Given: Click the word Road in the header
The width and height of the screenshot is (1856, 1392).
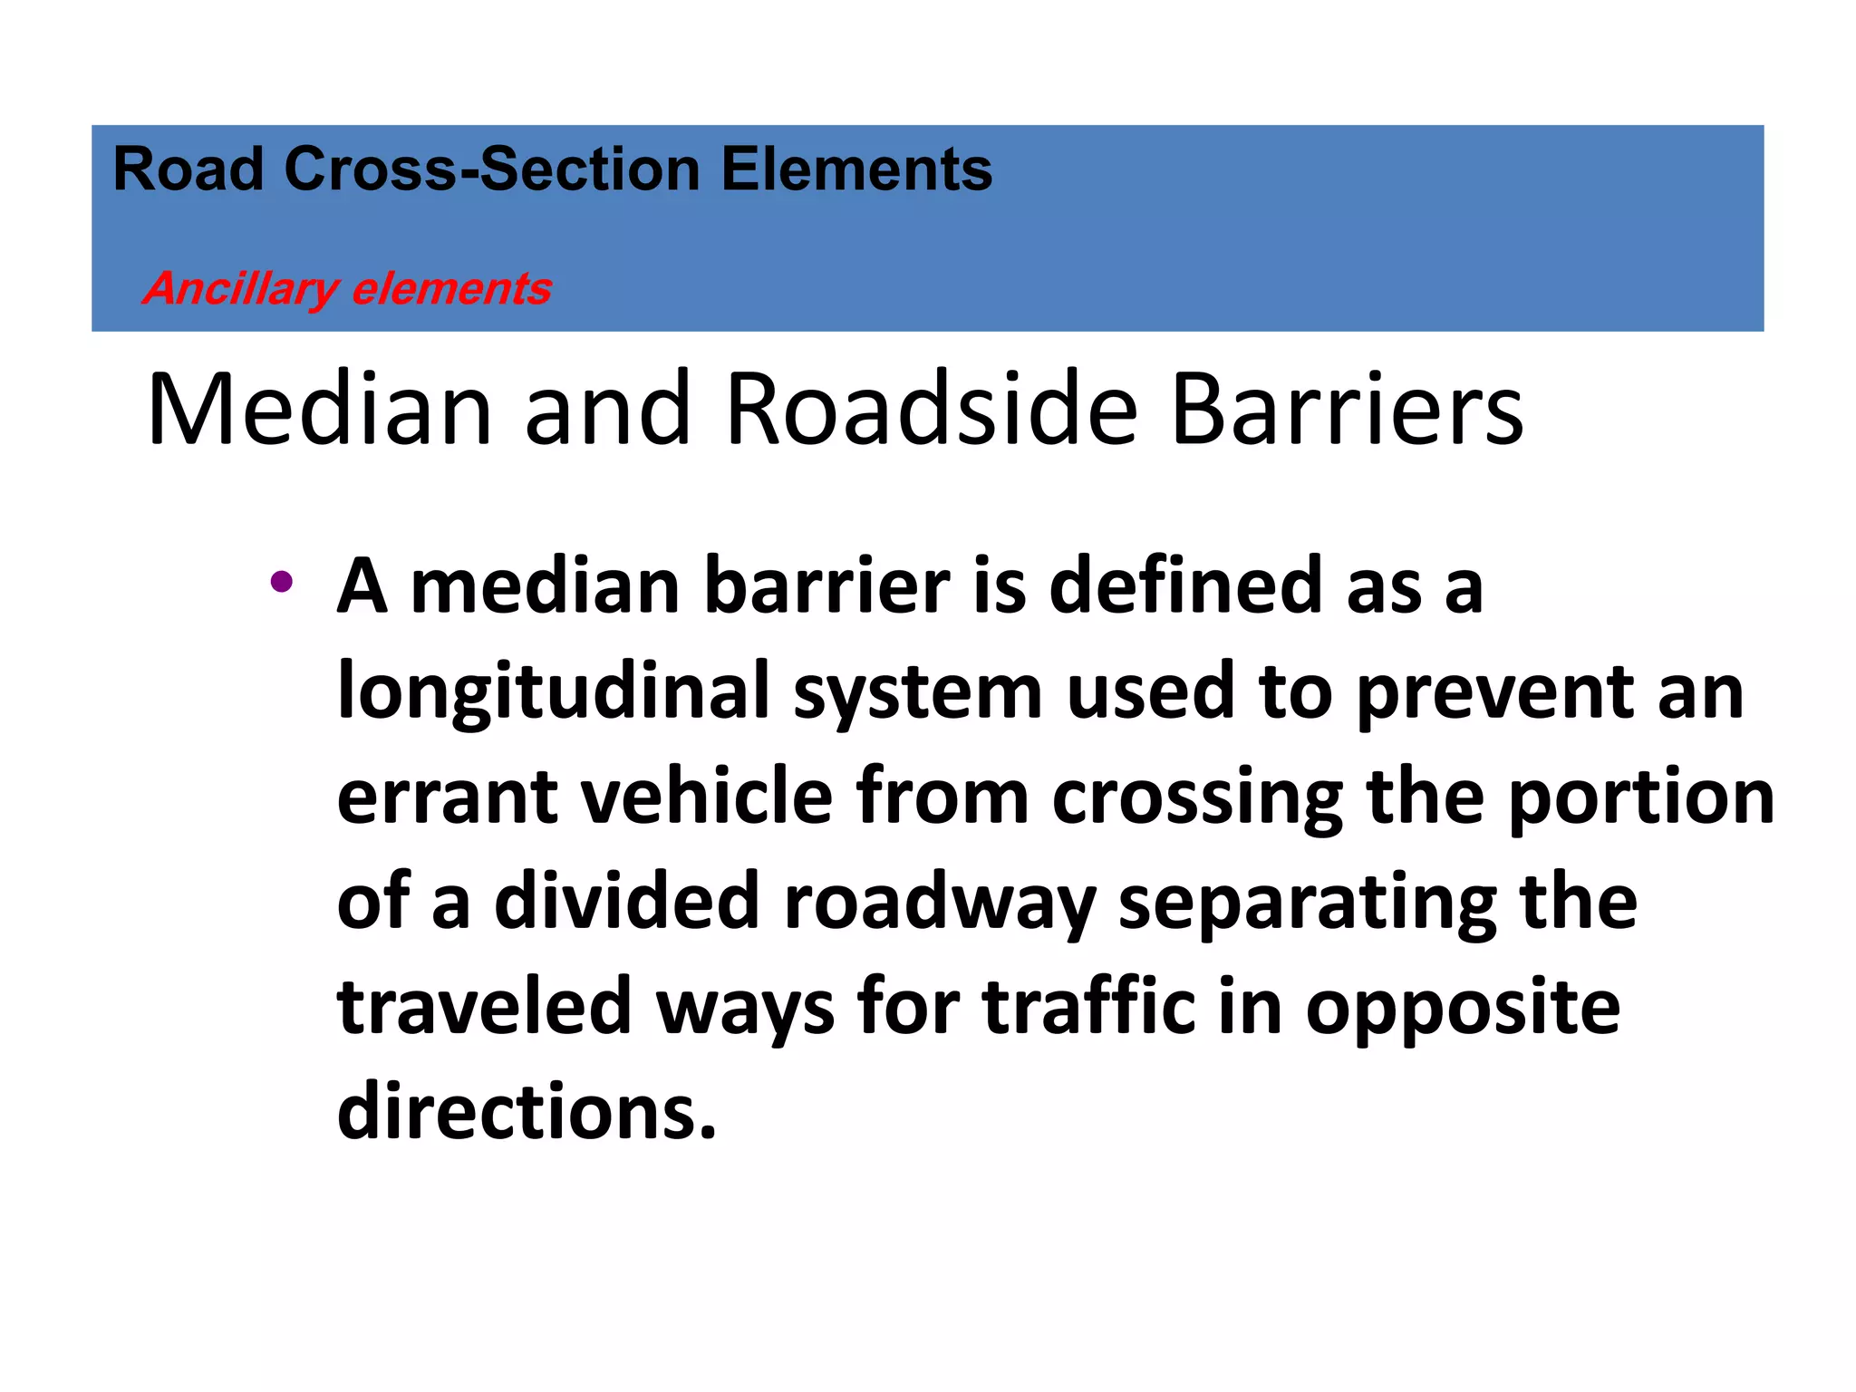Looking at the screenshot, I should [x=188, y=169].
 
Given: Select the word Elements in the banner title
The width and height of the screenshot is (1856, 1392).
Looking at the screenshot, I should [x=855, y=169].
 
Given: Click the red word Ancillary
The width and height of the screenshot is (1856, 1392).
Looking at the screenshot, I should [x=239, y=289].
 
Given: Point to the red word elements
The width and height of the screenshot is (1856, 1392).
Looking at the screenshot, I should [x=451, y=289].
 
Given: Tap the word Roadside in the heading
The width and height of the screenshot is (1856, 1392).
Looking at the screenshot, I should [x=931, y=410].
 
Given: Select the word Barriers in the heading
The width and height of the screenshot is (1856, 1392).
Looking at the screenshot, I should [x=1347, y=410].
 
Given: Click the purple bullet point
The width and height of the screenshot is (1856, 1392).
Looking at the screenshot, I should [x=281, y=581].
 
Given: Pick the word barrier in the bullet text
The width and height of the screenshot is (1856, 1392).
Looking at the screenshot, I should [x=826, y=587].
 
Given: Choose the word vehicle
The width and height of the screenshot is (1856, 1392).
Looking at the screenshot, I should [x=706, y=797].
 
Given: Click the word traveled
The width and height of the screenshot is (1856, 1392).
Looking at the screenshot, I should [x=484, y=1007].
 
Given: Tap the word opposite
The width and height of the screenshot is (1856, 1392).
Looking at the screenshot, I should [x=1462, y=1007].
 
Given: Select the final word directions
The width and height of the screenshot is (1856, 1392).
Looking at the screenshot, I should [x=526, y=1111].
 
